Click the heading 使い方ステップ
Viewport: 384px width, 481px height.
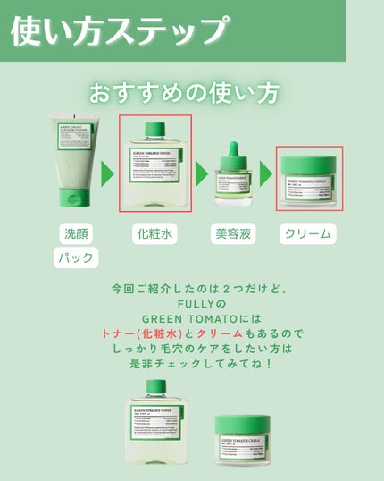point(116,30)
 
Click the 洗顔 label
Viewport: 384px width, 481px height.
point(76,234)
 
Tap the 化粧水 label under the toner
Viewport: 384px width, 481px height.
point(155,234)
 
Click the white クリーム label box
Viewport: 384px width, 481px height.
point(307,234)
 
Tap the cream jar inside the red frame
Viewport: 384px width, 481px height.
point(308,179)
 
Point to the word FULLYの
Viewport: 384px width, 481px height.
point(185,304)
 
